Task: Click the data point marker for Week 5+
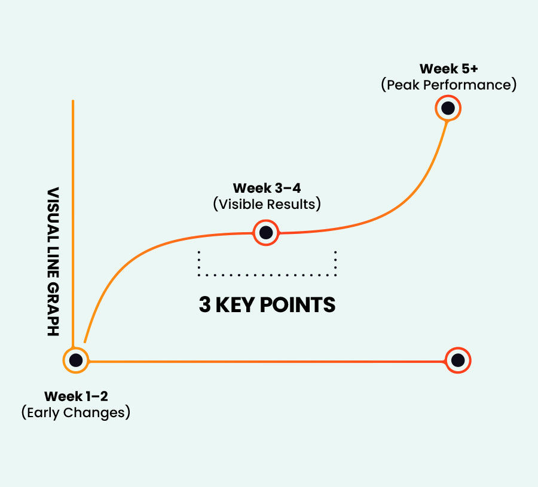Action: point(448,109)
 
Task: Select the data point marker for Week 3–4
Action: point(266,232)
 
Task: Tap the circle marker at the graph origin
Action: point(76,360)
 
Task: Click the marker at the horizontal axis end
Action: point(458,360)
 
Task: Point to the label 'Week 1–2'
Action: point(76,396)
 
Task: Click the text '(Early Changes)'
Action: point(76,412)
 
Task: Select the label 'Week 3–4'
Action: point(267,189)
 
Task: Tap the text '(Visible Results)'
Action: point(267,204)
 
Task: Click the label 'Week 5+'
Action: point(448,69)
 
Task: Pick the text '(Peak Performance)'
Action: point(448,85)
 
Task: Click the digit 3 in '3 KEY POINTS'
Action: point(204,305)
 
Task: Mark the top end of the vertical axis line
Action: point(73,101)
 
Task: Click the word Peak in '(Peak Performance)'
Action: point(403,85)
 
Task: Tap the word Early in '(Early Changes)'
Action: point(44,412)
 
